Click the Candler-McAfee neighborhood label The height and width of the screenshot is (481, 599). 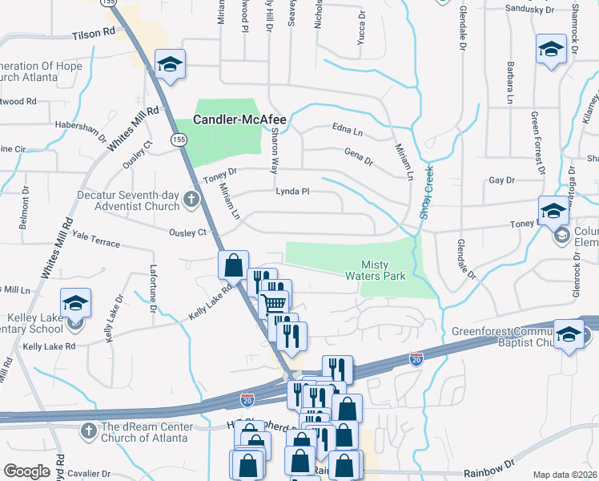click(239, 119)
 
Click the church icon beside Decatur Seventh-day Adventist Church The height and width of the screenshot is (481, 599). click(191, 198)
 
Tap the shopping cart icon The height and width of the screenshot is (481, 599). click(274, 303)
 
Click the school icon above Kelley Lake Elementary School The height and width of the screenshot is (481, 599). click(76, 303)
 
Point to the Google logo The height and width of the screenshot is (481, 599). click(27, 471)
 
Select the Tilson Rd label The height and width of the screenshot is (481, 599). click(93, 36)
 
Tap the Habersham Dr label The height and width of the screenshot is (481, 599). click(80, 127)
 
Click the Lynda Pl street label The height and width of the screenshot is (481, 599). click(292, 192)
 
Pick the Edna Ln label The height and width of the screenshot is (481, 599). click(347, 128)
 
